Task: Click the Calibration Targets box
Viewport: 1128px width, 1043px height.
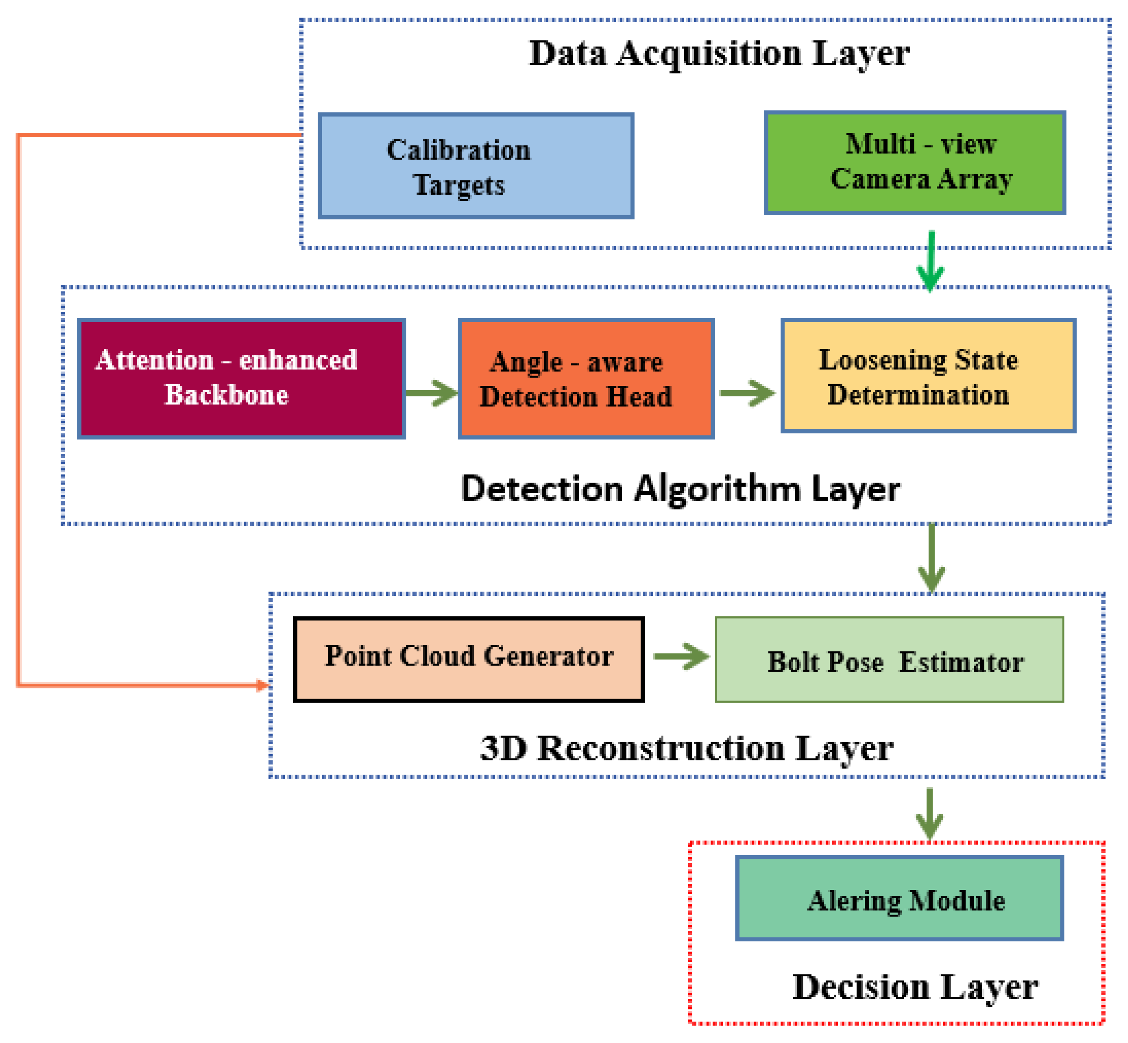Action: (476, 165)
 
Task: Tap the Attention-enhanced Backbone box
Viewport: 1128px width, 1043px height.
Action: (241, 379)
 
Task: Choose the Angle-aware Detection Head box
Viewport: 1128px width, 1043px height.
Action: (586, 379)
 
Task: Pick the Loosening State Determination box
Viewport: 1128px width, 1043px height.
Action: (928, 376)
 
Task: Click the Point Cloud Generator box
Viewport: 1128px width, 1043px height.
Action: (468, 659)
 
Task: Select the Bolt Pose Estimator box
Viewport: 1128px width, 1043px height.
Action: (889, 659)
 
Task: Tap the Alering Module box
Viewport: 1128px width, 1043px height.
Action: (900, 898)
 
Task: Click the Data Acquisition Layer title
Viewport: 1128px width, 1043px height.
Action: (719, 54)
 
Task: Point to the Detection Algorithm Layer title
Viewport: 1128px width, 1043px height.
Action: (680, 489)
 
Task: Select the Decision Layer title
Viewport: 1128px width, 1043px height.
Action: (915, 988)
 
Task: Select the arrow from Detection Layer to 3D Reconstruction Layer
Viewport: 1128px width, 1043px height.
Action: (931, 558)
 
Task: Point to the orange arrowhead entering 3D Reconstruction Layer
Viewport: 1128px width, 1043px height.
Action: (263, 685)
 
